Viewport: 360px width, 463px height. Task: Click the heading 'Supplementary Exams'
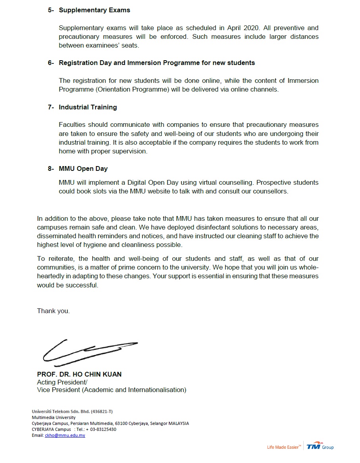(94, 10)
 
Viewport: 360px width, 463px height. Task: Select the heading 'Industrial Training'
(88, 107)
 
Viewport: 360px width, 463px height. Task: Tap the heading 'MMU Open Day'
(83, 168)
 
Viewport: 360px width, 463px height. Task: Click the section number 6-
(51, 63)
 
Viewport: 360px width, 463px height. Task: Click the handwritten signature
(90, 352)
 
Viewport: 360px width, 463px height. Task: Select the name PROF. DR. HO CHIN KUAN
(79, 374)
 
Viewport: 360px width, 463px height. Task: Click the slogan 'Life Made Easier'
(283, 447)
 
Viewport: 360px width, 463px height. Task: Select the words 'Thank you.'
(53, 311)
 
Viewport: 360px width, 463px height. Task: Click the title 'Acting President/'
(62, 382)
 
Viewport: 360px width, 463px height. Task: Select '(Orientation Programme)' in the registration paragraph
(132, 89)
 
